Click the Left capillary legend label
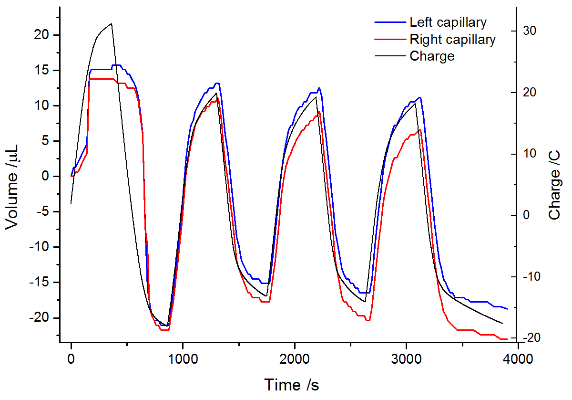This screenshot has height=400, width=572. pyautogui.click(x=448, y=22)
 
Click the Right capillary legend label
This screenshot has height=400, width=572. pyautogui.click(x=452, y=39)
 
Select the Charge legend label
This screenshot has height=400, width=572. pyautogui.click(x=432, y=56)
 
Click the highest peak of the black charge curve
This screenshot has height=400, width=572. pyautogui.click(x=112, y=23)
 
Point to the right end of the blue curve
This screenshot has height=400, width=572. pyautogui.click(x=507, y=309)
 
